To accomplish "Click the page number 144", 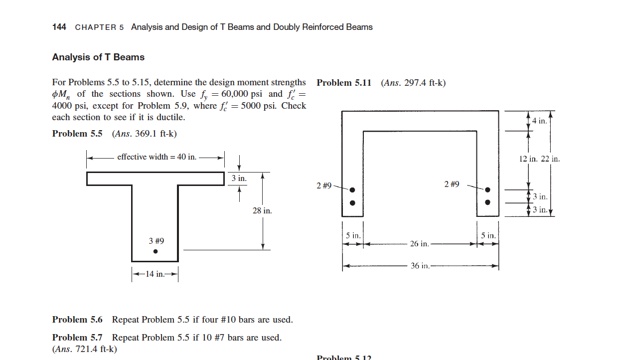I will (x=59, y=27).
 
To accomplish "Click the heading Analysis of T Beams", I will (x=98, y=57).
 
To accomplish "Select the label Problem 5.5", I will (x=77, y=134).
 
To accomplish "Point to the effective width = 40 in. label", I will (x=156, y=157).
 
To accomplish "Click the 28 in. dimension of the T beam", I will (x=262, y=211).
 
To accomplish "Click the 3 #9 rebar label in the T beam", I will (x=156, y=241).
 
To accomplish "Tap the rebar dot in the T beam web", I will (x=156, y=252).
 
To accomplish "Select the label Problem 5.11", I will (x=344, y=83).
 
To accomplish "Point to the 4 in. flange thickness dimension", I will (x=539, y=121).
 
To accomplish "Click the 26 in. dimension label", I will (x=419, y=244).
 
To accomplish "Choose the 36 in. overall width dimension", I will (x=420, y=266).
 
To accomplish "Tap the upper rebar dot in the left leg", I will (x=352, y=190).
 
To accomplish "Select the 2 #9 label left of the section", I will (x=324, y=186).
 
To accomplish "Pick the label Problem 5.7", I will (x=77, y=338).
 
